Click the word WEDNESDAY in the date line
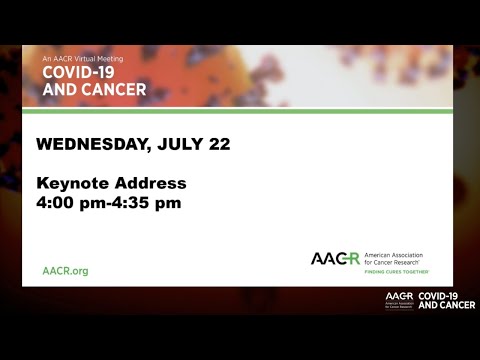87,144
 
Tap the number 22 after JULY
219,144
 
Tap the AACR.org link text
65,271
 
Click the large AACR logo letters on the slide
335,258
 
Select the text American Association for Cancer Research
400,258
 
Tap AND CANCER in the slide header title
94,90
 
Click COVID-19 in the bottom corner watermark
444,296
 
